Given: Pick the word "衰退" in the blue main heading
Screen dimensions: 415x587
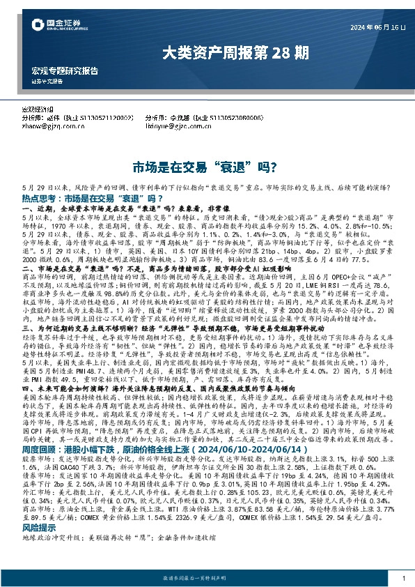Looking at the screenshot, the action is pos(237,168).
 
